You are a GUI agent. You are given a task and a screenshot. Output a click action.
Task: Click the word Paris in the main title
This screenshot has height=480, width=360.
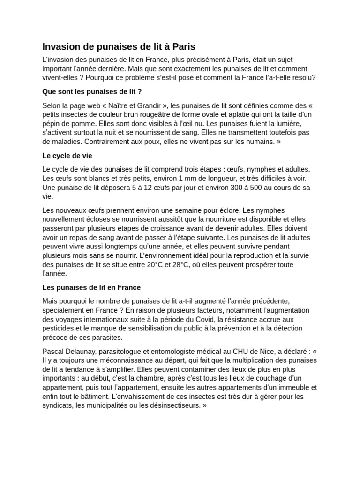tap(184, 47)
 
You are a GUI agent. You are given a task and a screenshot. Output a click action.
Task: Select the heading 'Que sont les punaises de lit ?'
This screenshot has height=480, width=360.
tap(92, 91)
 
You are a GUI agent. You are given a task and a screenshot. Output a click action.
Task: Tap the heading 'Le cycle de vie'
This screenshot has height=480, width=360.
tap(70, 155)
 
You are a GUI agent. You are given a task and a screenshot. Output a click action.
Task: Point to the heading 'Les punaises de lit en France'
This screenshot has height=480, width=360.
tap(91, 287)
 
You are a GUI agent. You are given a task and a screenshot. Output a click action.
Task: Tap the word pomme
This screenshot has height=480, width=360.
tap(84, 124)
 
